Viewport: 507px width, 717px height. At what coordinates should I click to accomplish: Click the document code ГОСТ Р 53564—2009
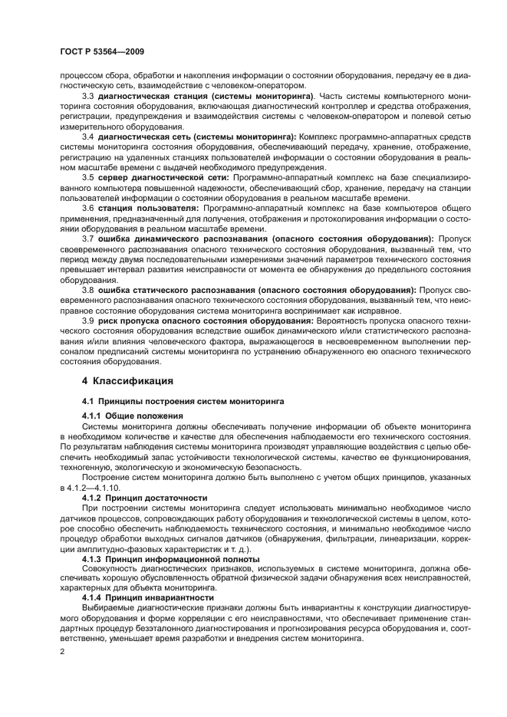coord(104,52)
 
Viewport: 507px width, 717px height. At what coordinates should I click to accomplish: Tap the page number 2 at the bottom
coord(63,651)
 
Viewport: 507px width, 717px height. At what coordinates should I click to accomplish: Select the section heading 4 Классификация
coord(127,380)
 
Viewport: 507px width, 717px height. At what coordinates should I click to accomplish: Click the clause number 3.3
coord(88,95)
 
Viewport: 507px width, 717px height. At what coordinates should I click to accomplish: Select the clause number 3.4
coord(88,136)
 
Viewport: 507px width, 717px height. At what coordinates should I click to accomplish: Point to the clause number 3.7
coord(88,238)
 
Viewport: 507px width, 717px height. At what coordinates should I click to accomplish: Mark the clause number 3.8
coord(88,289)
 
